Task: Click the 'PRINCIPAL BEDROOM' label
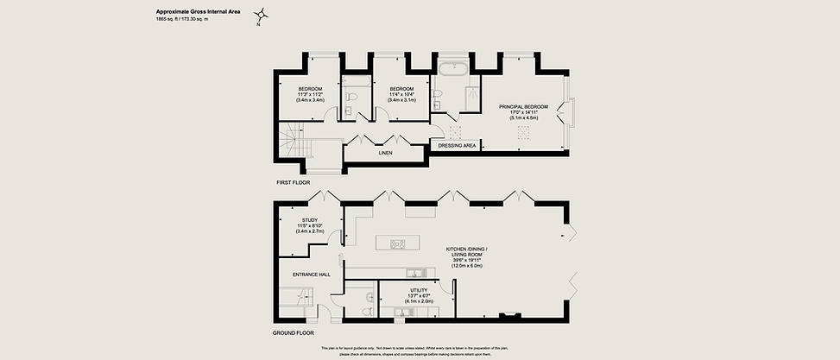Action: [523, 106]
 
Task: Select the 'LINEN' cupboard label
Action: [385, 153]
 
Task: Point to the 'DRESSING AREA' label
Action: [458, 146]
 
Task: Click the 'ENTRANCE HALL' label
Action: [312, 274]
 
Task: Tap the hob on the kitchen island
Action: [399, 243]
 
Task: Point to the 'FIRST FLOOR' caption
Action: [294, 184]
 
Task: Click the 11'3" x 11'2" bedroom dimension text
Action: [311, 95]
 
